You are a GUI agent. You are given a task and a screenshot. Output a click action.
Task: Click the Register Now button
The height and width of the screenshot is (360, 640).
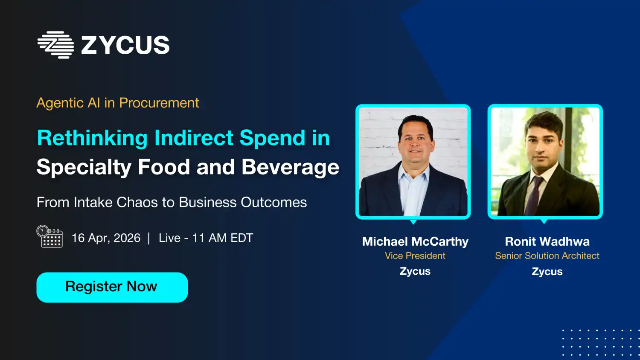pos(112,287)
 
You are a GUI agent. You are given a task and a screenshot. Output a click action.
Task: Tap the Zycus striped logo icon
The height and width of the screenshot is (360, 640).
pos(56,45)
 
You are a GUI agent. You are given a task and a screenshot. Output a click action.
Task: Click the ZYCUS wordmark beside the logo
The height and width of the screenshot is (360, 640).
pos(125,45)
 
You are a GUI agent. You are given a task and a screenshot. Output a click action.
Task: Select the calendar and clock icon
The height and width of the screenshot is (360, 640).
pos(50,236)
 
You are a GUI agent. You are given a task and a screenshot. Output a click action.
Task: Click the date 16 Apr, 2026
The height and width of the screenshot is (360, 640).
pos(106,238)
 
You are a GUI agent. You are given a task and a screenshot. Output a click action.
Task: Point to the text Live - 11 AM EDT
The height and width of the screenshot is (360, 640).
pos(206,238)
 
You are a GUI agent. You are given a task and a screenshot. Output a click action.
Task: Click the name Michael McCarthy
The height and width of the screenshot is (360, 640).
pos(415,241)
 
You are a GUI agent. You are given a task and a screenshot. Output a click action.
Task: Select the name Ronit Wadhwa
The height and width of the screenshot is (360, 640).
pos(547,241)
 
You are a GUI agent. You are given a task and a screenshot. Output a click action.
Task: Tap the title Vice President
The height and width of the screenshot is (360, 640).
pos(415,256)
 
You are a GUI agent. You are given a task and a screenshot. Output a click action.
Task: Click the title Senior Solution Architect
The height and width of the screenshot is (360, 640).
pos(547,256)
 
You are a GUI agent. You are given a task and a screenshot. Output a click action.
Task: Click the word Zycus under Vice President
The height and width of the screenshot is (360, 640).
pos(415,271)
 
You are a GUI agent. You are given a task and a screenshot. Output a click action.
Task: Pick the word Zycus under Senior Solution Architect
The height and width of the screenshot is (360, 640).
pos(547,271)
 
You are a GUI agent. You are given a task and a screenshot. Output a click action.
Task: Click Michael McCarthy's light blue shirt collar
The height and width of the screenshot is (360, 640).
pos(413,171)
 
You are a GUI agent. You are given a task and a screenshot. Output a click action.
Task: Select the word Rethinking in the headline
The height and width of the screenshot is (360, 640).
pos(92,138)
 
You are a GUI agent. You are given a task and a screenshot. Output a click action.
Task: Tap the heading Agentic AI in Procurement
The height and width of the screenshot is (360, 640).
pos(118,103)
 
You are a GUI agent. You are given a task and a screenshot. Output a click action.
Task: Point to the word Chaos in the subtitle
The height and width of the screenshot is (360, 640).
pos(137,202)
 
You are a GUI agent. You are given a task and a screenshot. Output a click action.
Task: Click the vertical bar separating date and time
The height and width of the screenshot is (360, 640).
pos(149,238)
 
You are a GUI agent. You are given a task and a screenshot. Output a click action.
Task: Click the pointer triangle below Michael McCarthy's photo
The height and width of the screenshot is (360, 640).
pos(413,222)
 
